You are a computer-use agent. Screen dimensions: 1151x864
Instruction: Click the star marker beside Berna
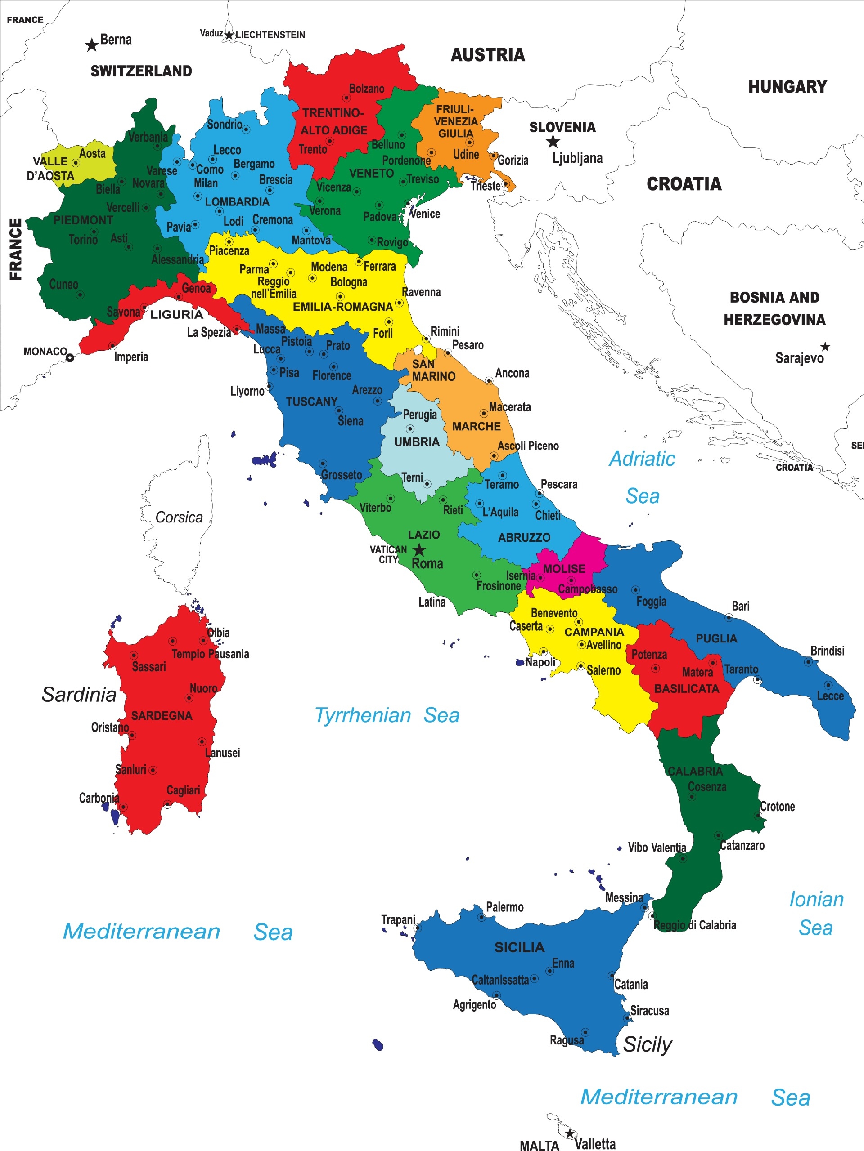point(92,45)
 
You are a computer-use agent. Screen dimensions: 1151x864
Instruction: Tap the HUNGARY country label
point(787,86)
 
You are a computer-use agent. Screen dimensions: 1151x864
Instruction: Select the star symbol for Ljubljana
point(553,142)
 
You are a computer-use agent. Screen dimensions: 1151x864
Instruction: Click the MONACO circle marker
point(70,357)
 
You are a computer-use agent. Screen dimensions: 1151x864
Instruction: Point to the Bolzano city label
point(366,89)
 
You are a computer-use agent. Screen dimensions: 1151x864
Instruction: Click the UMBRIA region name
point(417,442)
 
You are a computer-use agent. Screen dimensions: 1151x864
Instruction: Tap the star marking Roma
point(419,549)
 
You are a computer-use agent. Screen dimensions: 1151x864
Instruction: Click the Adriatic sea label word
point(642,459)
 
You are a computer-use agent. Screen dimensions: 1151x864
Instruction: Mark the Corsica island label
point(179,517)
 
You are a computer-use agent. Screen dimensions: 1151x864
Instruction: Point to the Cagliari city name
point(183,790)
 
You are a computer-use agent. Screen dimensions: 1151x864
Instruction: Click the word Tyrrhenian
point(363,715)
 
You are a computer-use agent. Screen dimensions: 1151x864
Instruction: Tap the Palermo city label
point(504,907)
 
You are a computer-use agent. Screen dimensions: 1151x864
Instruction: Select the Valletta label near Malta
point(595,1143)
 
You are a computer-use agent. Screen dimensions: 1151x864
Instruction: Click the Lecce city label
point(830,696)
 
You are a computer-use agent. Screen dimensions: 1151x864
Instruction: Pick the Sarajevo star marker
point(825,347)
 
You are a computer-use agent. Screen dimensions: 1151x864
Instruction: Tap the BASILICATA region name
point(686,688)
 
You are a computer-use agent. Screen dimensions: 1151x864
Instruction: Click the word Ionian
point(816,899)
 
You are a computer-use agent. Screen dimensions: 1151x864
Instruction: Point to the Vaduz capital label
point(211,33)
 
